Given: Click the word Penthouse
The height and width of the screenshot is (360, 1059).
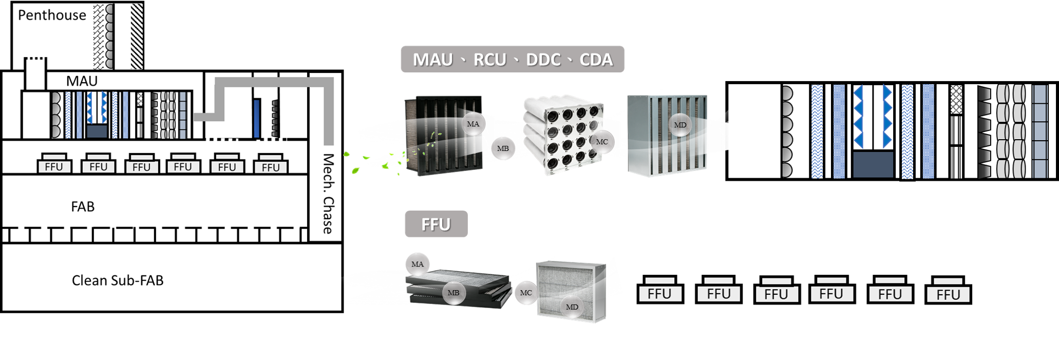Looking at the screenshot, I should tap(52, 15).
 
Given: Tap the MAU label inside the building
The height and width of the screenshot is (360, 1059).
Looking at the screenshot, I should tap(82, 81).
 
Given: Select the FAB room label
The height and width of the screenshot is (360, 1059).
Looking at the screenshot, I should tap(83, 206).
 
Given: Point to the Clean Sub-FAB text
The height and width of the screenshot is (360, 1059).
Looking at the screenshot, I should tap(118, 280).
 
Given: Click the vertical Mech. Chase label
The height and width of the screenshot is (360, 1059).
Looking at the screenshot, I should tap(328, 194).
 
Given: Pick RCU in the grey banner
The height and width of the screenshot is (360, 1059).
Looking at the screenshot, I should tap(489, 60).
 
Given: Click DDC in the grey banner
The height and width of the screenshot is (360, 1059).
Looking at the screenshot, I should tap(543, 60).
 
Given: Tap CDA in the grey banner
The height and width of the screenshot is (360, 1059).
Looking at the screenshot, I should tap(596, 60).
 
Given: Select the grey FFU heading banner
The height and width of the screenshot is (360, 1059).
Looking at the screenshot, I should tap(436, 224).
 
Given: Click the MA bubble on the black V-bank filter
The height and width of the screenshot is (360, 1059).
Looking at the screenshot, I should tap(473, 124).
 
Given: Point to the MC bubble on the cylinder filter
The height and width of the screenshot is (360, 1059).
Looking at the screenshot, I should tap(601, 142).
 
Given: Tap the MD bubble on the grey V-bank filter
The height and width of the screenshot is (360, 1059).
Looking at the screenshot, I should tap(680, 125).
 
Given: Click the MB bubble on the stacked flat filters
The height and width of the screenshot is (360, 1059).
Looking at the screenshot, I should tap(453, 293).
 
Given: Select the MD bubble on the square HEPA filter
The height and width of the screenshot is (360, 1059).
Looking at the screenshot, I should tap(572, 307).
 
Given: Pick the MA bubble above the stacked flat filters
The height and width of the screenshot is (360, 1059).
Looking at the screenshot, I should tap(418, 264).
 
